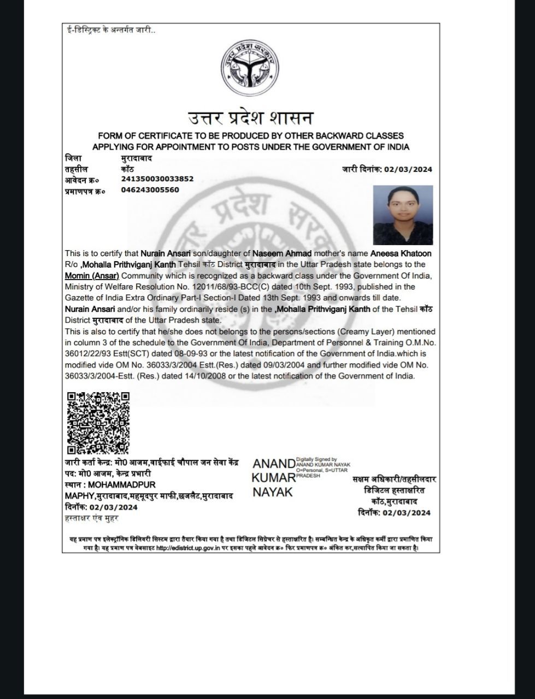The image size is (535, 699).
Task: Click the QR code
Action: point(98,423)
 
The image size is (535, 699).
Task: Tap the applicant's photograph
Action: point(403,215)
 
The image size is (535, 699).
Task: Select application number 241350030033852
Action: point(157,179)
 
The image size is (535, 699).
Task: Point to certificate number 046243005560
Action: point(150,190)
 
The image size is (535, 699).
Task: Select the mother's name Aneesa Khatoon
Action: point(401,253)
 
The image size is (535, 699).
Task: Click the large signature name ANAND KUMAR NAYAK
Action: point(273,478)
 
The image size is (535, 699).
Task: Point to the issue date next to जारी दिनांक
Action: point(408,169)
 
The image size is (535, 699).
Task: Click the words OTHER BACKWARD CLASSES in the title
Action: point(349,135)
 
